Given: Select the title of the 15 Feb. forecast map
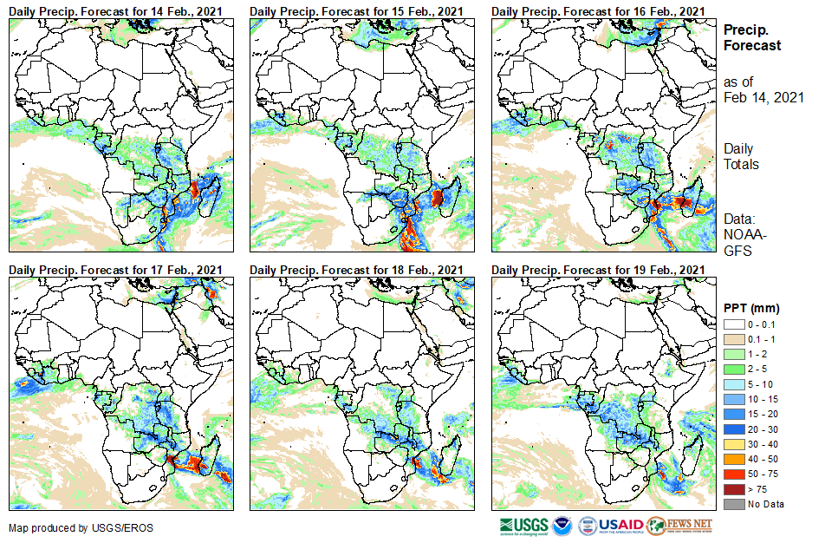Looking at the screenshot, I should pos(356,10).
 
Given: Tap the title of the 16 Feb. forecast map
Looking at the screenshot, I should pos(597,10).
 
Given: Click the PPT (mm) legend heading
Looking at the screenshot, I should pos(751,308).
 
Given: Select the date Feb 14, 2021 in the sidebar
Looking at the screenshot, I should pos(763,97).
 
